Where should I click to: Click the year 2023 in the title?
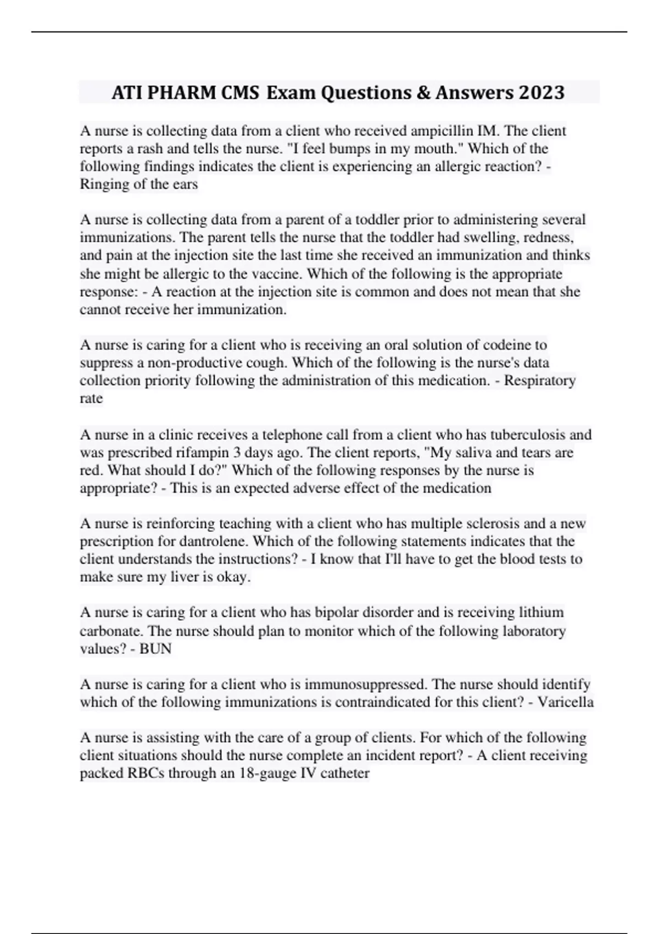point(540,92)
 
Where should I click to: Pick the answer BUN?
point(155,648)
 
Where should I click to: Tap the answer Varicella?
point(565,702)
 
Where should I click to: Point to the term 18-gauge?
point(268,773)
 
